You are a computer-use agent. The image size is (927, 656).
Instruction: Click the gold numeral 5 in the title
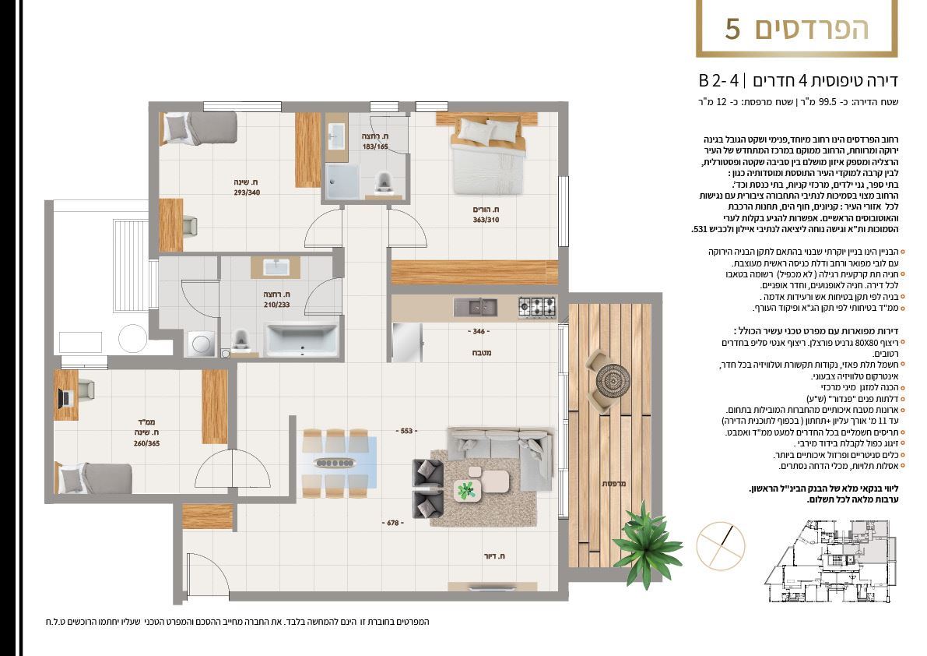732,29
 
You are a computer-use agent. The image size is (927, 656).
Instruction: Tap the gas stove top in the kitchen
537,307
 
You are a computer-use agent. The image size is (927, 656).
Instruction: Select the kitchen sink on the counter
476,307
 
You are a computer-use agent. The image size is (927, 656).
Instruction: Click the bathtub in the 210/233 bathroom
302,340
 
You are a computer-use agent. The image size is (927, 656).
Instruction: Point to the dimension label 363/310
486,220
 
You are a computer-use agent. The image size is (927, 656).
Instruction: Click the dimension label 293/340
247,192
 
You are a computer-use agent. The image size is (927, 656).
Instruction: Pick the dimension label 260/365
146,443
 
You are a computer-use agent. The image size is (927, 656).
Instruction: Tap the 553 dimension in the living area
406,431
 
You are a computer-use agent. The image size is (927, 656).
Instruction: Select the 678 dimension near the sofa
393,523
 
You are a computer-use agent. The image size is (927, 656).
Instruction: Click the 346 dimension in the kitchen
479,331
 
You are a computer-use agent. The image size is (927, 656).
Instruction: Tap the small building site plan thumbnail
828,562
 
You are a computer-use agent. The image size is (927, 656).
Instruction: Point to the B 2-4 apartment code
718,80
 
